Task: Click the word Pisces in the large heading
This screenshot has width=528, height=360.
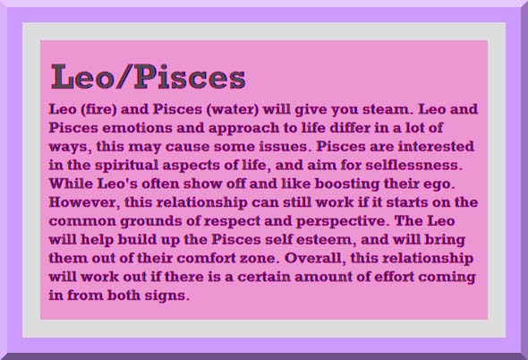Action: pos(190,76)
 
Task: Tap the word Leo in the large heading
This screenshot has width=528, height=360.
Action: pos(82,76)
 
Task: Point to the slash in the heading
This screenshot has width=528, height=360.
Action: pos(123,76)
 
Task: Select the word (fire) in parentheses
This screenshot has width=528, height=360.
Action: pos(98,109)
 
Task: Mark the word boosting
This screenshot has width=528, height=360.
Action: pos(347,184)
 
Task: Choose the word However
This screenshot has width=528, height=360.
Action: pos(84,202)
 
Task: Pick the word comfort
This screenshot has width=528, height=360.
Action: pos(206,259)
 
